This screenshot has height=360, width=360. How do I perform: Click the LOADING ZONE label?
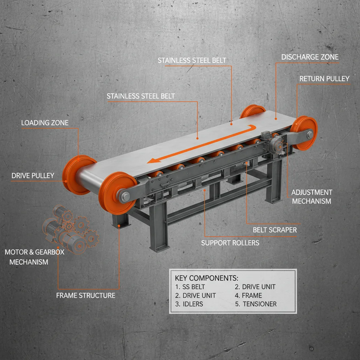pos(45,123)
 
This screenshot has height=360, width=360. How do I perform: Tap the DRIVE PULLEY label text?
pos(33,175)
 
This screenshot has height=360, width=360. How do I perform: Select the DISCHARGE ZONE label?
pos(310,57)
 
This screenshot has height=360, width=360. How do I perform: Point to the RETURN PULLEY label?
pos(324,78)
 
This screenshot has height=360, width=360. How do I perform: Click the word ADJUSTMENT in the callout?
pos(312,192)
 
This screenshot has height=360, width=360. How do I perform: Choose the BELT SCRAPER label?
pos(275,230)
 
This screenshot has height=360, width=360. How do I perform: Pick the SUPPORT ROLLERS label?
pos(230,243)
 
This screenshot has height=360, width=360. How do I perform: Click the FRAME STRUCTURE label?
pos(85,295)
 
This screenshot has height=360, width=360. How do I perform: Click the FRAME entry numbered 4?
pos(252,295)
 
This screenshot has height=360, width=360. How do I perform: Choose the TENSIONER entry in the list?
pos(259,304)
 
